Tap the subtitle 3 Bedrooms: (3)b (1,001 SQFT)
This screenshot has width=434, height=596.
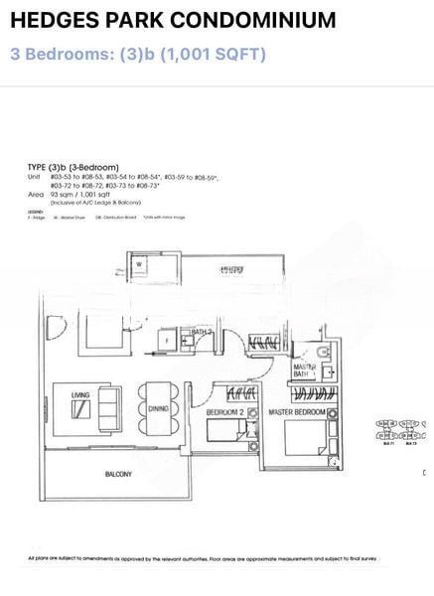138,54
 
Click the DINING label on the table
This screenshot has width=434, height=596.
158,406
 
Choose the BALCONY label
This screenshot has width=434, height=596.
119,475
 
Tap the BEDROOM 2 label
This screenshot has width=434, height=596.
226,410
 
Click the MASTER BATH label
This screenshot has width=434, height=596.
305,372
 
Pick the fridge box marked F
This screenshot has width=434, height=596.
165,340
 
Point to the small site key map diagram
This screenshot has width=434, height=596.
402,428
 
